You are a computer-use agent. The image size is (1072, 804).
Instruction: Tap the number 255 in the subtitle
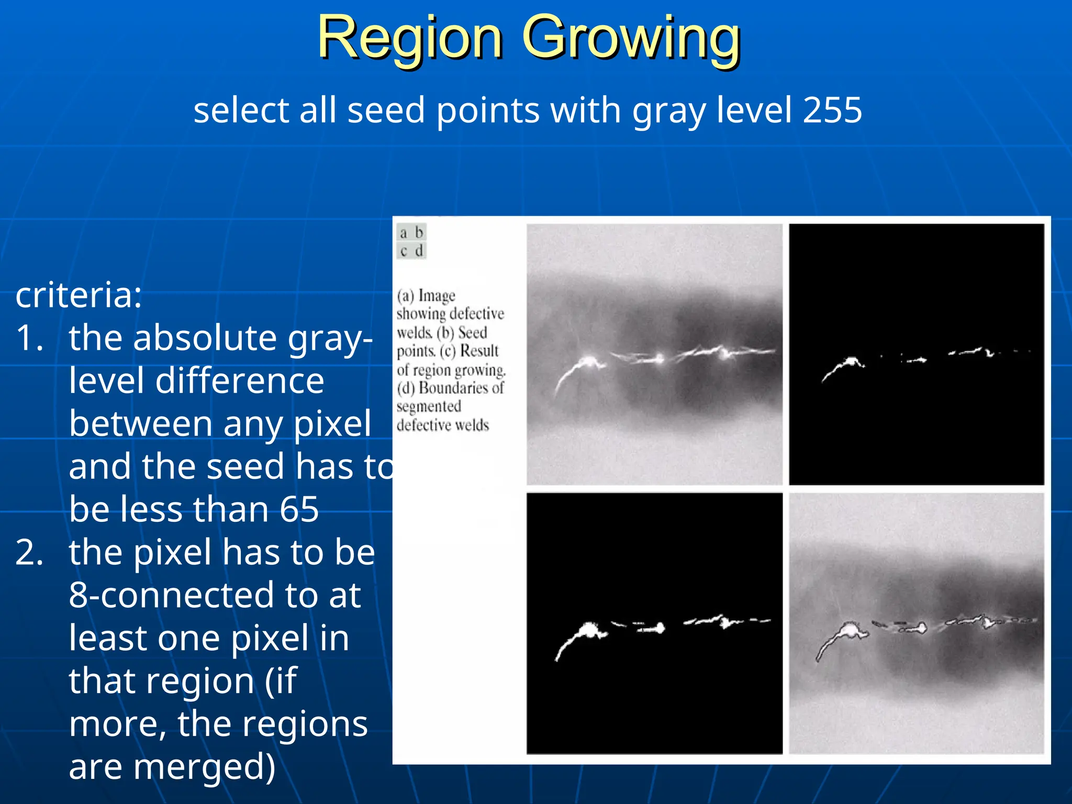point(832,110)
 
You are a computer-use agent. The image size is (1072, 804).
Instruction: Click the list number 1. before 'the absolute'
point(29,338)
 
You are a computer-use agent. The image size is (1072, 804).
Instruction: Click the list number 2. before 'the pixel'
point(29,552)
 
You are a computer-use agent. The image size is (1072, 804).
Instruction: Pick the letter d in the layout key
point(419,251)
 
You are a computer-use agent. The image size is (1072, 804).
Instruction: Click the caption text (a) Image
point(426,296)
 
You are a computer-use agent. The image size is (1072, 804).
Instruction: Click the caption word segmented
point(429,407)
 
